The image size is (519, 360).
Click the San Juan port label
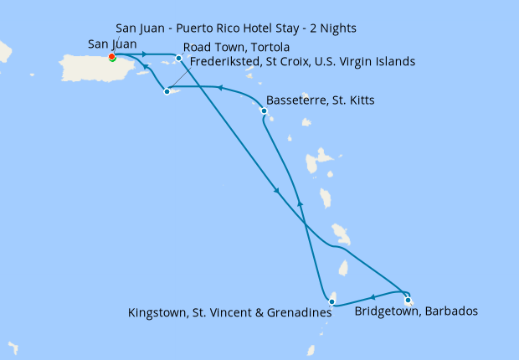click(112, 44)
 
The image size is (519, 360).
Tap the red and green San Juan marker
click(112, 57)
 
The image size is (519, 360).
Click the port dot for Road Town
click(178, 58)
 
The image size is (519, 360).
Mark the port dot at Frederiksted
click(167, 91)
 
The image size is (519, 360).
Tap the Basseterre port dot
click(265, 111)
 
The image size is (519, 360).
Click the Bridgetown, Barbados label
click(416, 311)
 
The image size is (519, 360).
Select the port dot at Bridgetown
click(408, 299)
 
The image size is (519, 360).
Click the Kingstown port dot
click(332, 301)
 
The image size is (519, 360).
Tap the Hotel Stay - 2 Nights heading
click(236, 28)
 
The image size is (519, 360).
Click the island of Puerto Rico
click(84, 69)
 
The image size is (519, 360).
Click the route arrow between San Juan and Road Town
click(145, 55)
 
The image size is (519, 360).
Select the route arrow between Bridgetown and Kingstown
click(372, 296)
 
